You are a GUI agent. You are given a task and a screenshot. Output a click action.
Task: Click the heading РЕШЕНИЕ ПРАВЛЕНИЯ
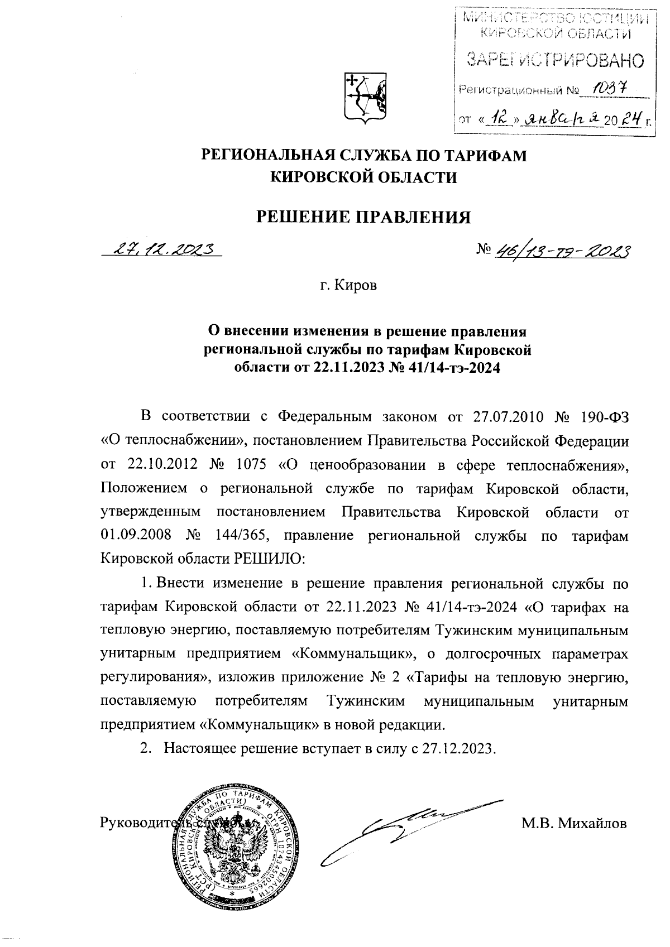click(363, 217)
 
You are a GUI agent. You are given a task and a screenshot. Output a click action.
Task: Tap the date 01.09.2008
click(133, 535)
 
